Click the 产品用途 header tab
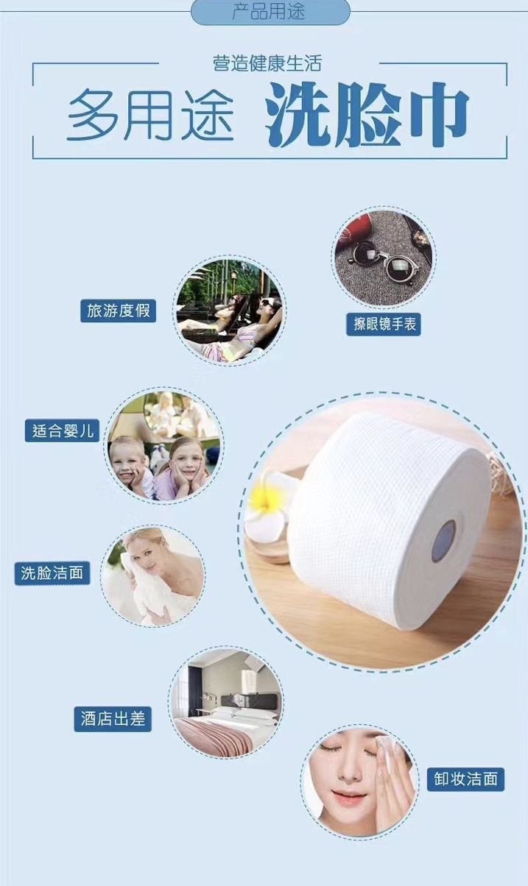(271, 12)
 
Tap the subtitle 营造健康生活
(267, 64)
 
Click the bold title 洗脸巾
(368, 115)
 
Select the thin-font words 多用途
(150, 115)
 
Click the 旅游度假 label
(119, 311)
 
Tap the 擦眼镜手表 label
(384, 325)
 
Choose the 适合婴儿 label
(62, 430)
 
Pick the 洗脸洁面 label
(52, 573)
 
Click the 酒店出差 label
(113, 719)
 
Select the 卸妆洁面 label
(465, 779)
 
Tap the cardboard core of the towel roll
(444, 541)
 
